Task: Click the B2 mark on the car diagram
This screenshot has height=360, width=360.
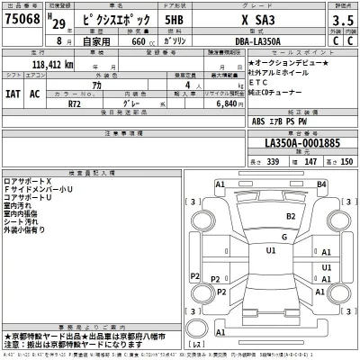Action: [291, 216]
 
